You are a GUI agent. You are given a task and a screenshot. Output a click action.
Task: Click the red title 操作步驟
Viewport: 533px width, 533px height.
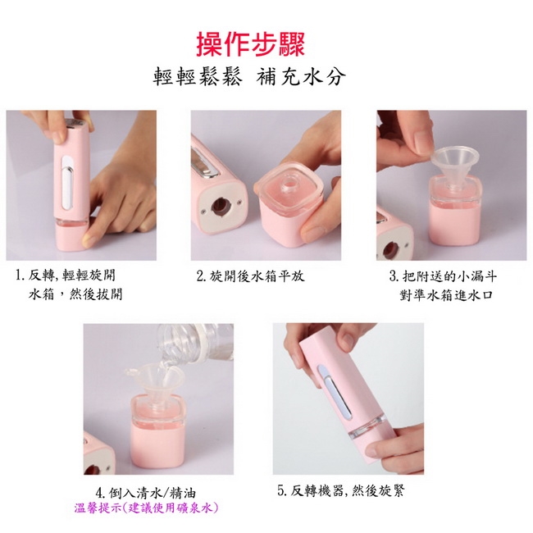[x=251, y=44]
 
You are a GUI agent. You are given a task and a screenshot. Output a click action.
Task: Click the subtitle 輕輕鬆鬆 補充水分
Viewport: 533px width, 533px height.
[x=249, y=76]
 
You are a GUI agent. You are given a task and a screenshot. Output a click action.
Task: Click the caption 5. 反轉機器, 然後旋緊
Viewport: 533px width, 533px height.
[x=341, y=491]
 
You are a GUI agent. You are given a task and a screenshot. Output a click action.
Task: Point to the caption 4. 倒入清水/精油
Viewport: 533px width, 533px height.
[x=146, y=493]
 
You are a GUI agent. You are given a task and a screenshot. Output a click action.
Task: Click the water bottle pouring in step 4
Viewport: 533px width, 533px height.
[x=195, y=344]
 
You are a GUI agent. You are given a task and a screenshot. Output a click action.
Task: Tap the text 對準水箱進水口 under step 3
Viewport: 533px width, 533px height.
[x=445, y=295]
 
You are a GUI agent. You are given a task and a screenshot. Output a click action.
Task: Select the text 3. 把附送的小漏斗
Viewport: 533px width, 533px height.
[x=443, y=276]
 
